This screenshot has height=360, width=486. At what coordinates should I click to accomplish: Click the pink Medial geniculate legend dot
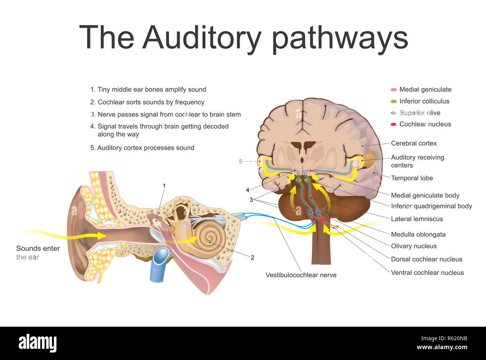pos(394,90)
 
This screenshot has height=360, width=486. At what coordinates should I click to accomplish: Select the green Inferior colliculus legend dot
pos(394,101)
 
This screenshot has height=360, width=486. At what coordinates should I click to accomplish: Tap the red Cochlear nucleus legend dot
pos(394,124)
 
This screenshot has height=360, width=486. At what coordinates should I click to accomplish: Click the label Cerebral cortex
pos(413,143)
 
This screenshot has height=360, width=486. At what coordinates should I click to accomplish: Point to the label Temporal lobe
pos(412,178)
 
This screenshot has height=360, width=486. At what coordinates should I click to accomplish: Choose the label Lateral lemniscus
pos(416,219)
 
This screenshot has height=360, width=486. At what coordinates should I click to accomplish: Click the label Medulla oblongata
pos(418,235)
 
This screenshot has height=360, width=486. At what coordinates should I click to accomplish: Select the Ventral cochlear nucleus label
pos(427,273)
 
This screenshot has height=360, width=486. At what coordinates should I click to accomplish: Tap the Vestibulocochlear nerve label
pos(301,275)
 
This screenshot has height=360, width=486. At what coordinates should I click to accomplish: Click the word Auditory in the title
pos(202,37)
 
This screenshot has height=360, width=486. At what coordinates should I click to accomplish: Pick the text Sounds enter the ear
pos(38,253)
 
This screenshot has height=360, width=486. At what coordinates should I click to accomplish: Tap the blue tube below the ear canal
pos(160,264)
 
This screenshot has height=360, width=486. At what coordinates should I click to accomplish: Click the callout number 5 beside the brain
pos(241,161)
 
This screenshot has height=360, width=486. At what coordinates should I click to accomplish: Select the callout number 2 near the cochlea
pos(253,257)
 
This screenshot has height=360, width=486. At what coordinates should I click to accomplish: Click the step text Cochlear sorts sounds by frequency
pos(151,102)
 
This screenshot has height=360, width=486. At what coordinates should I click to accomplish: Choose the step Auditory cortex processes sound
pos(145,148)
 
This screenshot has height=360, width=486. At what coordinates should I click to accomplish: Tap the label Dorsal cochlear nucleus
pos(426,259)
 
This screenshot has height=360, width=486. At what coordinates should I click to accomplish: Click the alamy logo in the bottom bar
pos(37,343)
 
